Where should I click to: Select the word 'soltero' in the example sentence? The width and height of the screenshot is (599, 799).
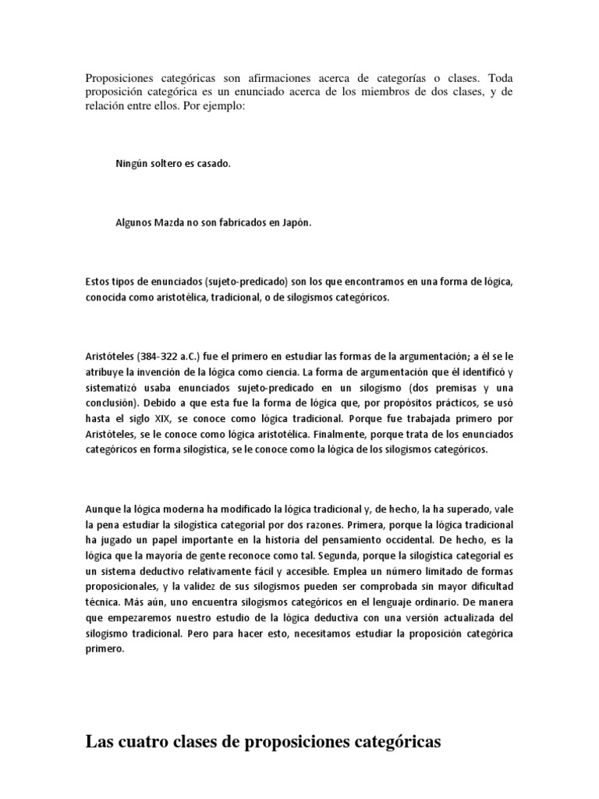[x=165, y=164]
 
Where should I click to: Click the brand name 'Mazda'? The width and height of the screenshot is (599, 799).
[x=164, y=222]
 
